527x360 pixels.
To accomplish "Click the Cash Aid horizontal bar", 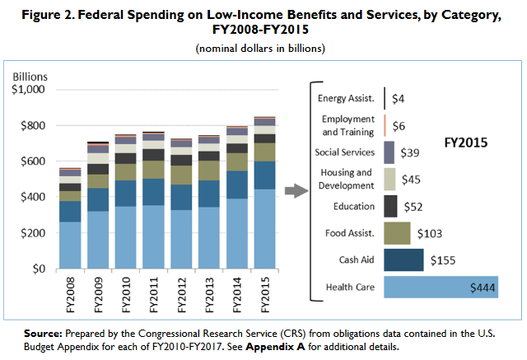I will click(x=403, y=259).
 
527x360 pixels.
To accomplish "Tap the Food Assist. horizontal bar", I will click(x=397, y=232).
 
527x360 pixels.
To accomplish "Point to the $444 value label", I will click(x=482, y=287).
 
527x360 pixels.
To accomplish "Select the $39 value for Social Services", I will click(x=409, y=152).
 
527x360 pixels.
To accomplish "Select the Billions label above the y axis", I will click(x=31, y=77).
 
